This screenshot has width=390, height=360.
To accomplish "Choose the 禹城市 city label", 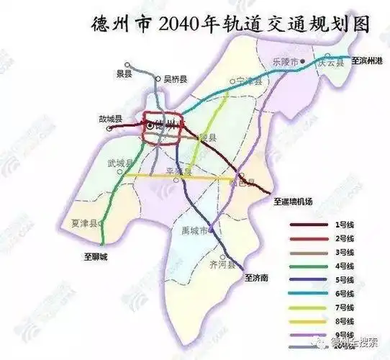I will click(x=193, y=232).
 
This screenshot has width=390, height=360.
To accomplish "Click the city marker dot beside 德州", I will click(x=149, y=125).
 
